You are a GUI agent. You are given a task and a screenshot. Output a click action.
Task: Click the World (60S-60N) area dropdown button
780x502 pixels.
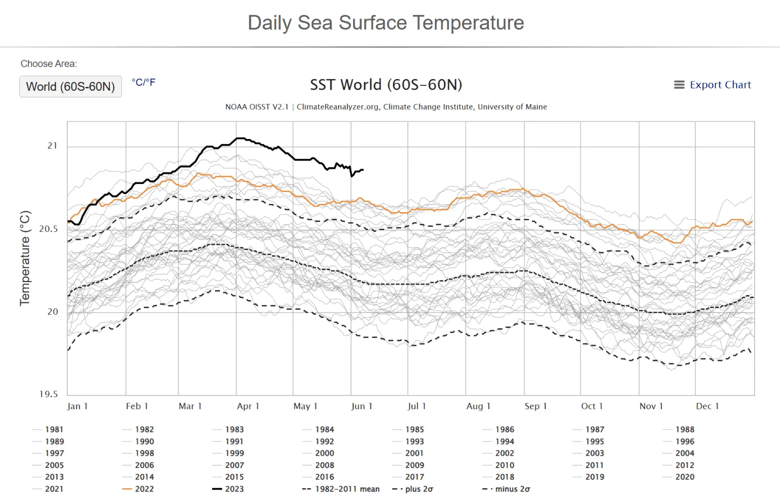[71, 87]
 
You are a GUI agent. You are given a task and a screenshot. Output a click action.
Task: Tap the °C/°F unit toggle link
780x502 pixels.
[143, 82]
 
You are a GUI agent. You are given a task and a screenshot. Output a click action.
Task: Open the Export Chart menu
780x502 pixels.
[712, 85]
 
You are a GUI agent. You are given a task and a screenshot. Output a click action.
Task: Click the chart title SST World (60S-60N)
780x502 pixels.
[386, 85]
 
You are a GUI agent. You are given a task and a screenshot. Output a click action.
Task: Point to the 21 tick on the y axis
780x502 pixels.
[52, 146]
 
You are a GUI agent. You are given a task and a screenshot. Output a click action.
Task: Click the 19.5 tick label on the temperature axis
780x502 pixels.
[48, 394]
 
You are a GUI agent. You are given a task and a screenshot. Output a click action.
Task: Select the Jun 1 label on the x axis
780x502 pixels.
[362, 406]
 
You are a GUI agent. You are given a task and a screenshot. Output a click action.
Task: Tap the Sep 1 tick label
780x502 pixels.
[535, 406]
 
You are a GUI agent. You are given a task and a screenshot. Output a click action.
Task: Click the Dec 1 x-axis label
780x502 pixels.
[707, 406]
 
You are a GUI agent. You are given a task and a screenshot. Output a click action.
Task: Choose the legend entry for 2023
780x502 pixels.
[234, 489]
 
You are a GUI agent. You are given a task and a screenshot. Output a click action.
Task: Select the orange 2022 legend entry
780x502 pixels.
[144, 489]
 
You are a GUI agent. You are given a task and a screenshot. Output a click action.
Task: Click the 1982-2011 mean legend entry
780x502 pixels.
[347, 489]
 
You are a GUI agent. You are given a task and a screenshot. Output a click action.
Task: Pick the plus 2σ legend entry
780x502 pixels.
[419, 489]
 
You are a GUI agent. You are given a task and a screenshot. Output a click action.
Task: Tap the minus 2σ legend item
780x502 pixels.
[512, 489]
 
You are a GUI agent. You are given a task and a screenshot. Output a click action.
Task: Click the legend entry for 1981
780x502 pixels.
[54, 429]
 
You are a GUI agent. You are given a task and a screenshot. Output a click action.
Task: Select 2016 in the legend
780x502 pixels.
[325, 477]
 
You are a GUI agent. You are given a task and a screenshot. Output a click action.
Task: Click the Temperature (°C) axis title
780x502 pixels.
[25, 258]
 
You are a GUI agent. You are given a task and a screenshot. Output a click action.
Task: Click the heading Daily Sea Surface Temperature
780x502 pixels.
[386, 23]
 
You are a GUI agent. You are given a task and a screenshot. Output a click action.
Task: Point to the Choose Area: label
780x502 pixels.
[49, 64]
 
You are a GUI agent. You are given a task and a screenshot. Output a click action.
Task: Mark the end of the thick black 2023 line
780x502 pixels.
[363, 170]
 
